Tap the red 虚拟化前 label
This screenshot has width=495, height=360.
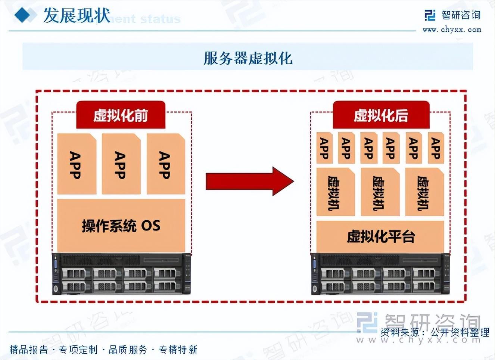[x=121, y=115]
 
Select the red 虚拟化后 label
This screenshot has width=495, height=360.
[x=381, y=115]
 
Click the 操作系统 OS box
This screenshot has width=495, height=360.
[x=121, y=226]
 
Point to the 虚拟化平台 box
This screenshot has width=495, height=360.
[x=380, y=236]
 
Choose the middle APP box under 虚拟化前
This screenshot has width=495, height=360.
[x=121, y=164]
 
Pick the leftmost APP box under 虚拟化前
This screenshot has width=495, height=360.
[x=77, y=164]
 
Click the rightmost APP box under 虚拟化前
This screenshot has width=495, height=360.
[x=165, y=164]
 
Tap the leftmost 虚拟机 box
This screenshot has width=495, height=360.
[x=335, y=192]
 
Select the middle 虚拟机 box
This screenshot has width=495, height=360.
[x=380, y=192]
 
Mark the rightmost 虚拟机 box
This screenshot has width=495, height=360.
[x=424, y=192]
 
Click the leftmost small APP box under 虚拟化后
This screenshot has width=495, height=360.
[x=324, y=148]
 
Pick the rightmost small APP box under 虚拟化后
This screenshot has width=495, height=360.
[x=436, y=148]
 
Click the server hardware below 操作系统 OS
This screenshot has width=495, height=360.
[x=121, y=274]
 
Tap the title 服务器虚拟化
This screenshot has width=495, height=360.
[x=247, y=58]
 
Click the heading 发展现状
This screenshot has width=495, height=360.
[x=77, y=16]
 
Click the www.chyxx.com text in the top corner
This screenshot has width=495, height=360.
[x=452, y=30]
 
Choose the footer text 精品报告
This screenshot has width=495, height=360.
[x=29, y=350]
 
